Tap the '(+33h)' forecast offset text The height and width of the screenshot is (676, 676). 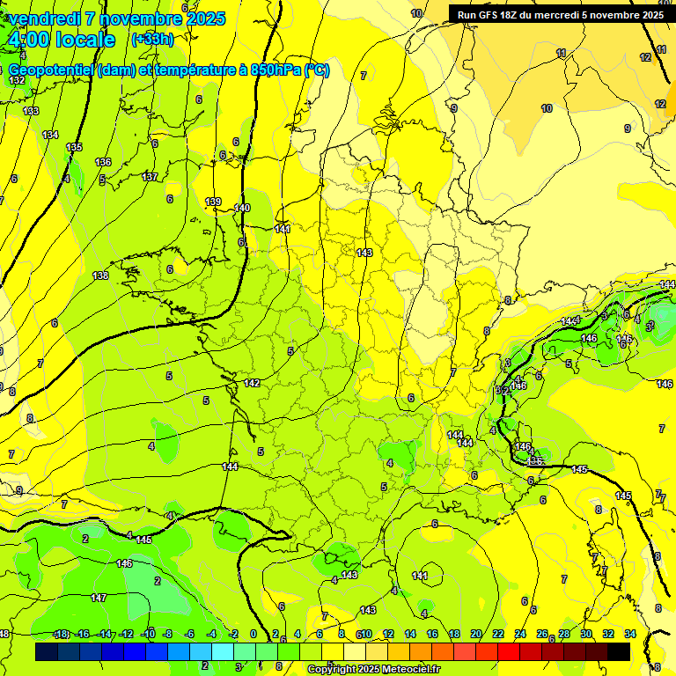coord(152,40)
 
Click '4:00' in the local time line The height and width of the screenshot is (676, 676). coord(26,40)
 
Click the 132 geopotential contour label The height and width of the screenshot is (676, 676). coord(17,80)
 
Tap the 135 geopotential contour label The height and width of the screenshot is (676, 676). coord(74,147)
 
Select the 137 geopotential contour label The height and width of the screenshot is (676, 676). coord(150,177)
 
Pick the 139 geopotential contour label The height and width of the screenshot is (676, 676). coord(213,202)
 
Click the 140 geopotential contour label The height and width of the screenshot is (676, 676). coord(243,208)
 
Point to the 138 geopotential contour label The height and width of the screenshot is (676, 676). coord(100,276)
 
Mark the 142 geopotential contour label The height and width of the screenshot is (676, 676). coord(252,383)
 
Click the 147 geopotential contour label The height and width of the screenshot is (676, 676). coord(99,598)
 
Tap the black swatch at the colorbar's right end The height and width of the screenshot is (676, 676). coord(619,652)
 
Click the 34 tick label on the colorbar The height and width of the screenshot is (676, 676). coord(629,634)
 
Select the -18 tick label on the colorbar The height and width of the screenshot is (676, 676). coord(60,634)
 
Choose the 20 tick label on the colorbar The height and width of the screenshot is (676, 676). coord(476,634)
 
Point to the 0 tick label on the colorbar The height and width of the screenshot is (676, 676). coord(253,634)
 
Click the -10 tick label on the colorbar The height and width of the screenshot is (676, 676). coord(147,634)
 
